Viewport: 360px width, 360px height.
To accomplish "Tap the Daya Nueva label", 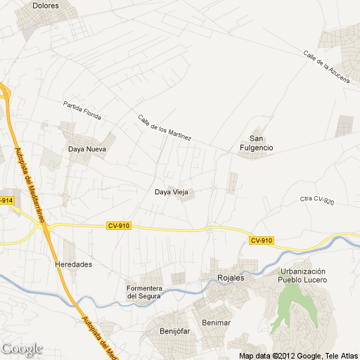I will click(86, 149).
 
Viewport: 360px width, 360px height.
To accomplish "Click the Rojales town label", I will click(231, 278).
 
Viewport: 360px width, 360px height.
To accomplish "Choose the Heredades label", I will click(73, 265).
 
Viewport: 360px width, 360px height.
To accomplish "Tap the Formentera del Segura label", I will click(145, 292).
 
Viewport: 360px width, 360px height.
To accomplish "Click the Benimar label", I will click(216, 323).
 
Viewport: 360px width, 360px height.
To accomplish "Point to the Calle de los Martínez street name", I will click(165, 128).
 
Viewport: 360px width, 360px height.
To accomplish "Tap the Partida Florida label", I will click(82, 110).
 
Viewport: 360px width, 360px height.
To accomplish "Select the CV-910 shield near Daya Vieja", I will click(119, 225).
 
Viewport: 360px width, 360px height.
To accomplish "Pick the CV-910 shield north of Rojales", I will click(261, 240).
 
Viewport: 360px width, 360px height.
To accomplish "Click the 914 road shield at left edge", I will click(6, 200).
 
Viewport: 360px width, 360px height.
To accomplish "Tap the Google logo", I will click(22, 349).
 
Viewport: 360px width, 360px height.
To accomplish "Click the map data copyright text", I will click(298, 355).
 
